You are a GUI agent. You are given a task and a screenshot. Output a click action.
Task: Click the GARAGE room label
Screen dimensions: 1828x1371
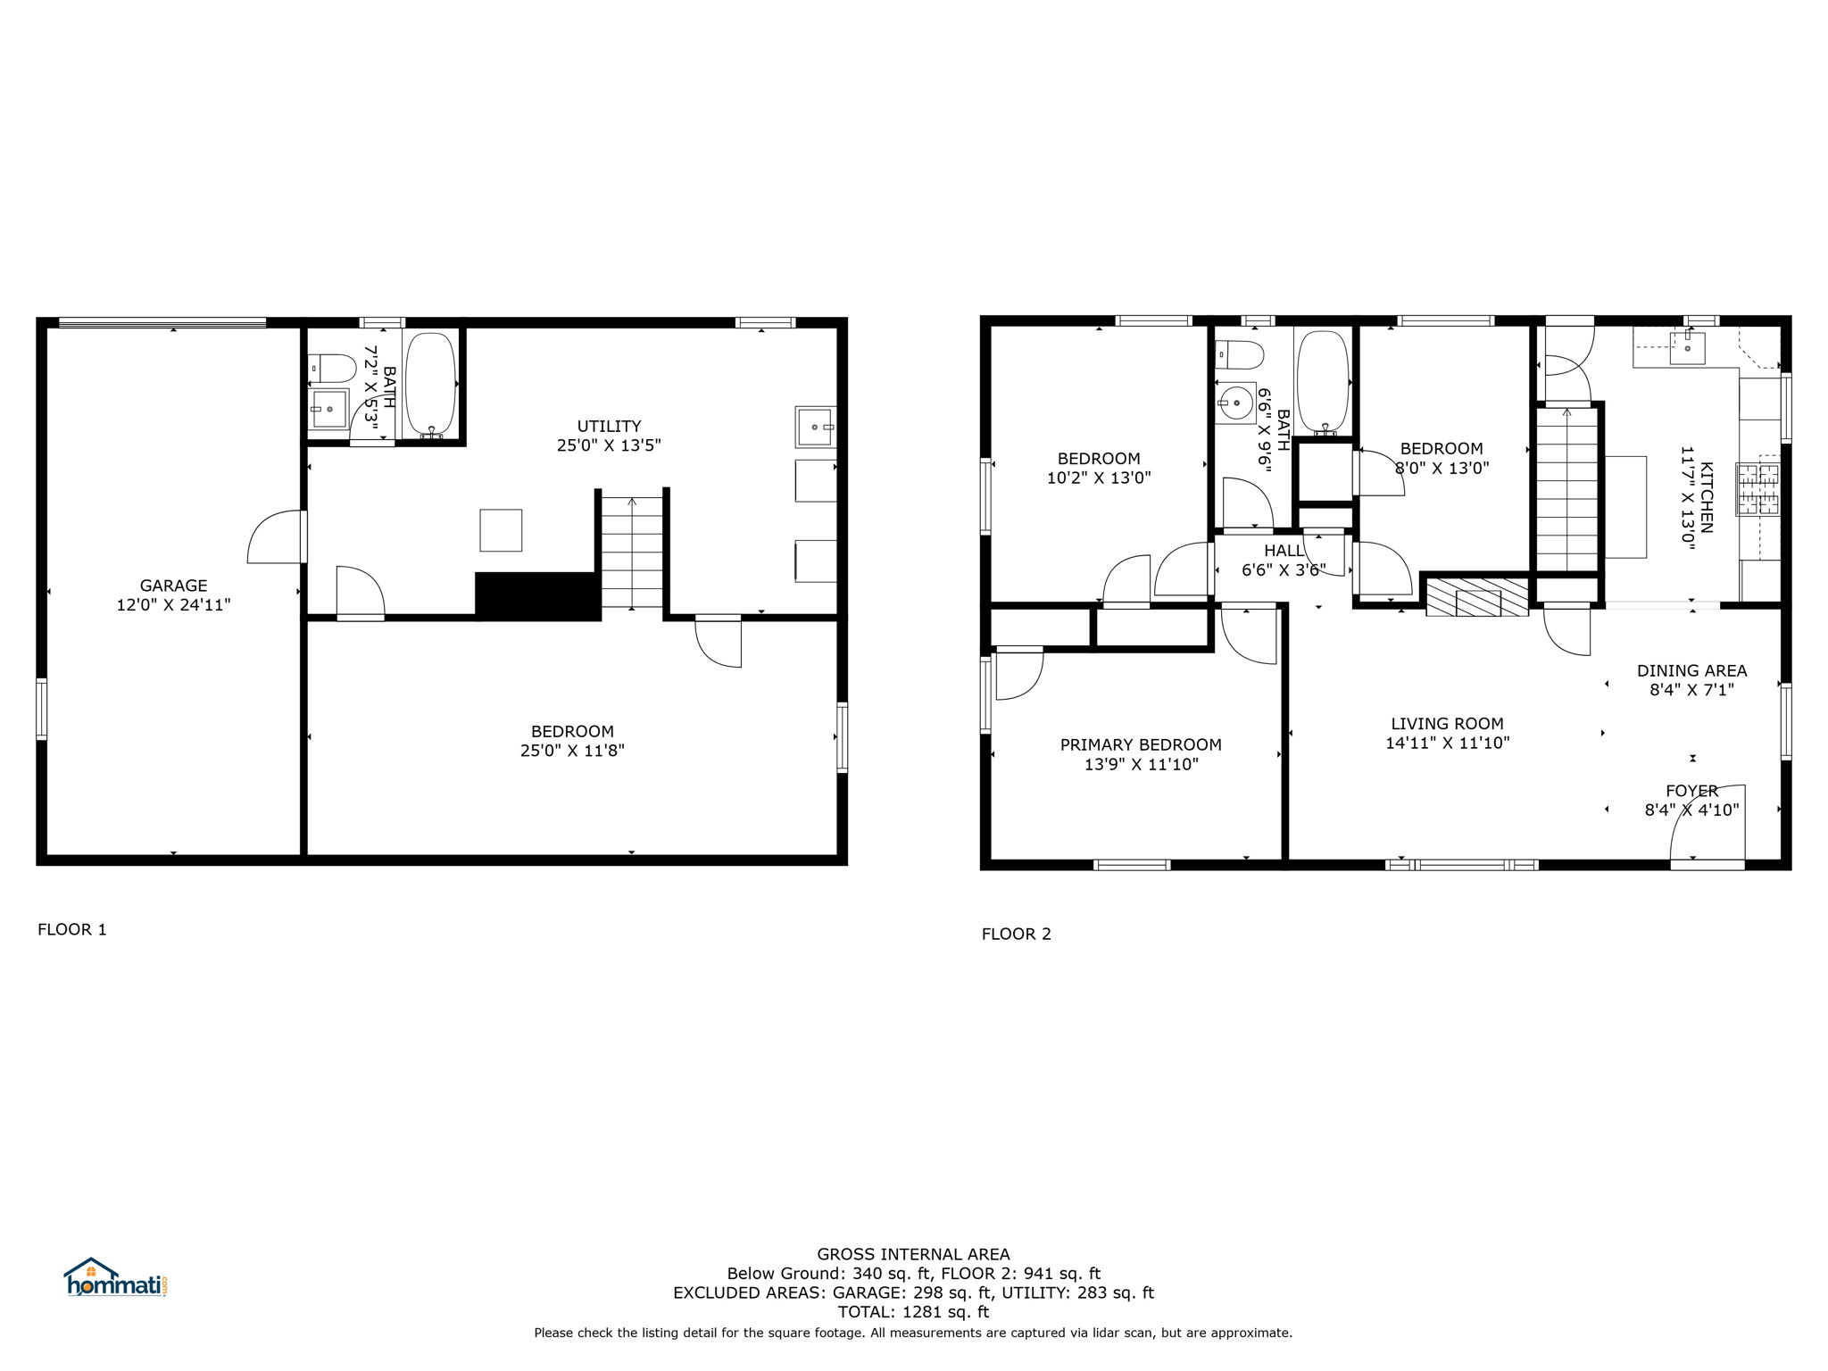[173, 586]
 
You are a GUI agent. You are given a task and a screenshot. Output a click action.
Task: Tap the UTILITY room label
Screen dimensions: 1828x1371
[609, 426]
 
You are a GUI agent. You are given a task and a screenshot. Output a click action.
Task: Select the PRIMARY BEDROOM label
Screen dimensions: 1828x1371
[1141, 744]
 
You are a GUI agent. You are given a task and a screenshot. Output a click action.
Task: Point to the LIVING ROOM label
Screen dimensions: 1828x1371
[1447, 723]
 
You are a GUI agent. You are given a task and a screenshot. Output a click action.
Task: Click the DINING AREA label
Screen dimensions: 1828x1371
[1691, 670]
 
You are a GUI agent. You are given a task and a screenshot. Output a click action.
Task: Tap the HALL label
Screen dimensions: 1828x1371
[1284, 551]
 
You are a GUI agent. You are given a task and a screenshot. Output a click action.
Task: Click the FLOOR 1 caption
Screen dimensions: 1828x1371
[72, 929]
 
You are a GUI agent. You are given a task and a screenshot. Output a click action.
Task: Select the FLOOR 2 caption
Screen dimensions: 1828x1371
[1017, 934]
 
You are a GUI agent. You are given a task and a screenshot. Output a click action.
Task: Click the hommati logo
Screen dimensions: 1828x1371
[116, 1278]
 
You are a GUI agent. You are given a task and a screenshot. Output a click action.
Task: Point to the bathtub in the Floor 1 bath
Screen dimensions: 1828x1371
[431, 385]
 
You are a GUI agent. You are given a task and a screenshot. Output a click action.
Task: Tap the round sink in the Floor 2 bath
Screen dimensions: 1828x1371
[1236, 403]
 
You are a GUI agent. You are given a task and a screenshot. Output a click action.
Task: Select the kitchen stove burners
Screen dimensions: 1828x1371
[1757, 489]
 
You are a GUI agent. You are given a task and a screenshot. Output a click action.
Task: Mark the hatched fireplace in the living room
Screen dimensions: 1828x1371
[1477, 597]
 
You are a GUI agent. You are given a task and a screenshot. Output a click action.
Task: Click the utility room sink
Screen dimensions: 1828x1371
[816, 428]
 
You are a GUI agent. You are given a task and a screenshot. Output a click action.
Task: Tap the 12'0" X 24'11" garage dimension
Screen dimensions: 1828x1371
[173, 605]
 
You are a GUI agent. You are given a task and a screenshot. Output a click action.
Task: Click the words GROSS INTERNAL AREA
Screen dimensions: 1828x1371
[913, 1254]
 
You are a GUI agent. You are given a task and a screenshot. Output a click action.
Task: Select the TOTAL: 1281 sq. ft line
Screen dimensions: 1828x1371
[913, 1312]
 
